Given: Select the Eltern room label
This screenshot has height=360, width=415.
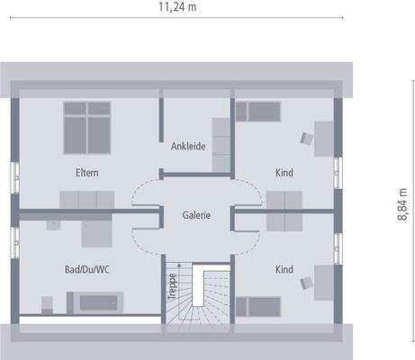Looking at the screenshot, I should (87, 172).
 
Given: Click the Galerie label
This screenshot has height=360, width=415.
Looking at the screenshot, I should (196, 215).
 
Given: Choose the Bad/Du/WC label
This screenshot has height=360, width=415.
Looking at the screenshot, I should (88, 269).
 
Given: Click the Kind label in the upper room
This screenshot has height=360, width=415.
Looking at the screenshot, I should (284, 172).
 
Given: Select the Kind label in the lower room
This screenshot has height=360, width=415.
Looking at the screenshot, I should (284, 269).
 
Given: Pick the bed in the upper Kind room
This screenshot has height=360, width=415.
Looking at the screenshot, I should (257, 110).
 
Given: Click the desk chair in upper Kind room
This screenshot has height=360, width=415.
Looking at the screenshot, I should (307, 138).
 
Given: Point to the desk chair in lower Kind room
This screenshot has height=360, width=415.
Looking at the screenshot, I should (307, 283).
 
